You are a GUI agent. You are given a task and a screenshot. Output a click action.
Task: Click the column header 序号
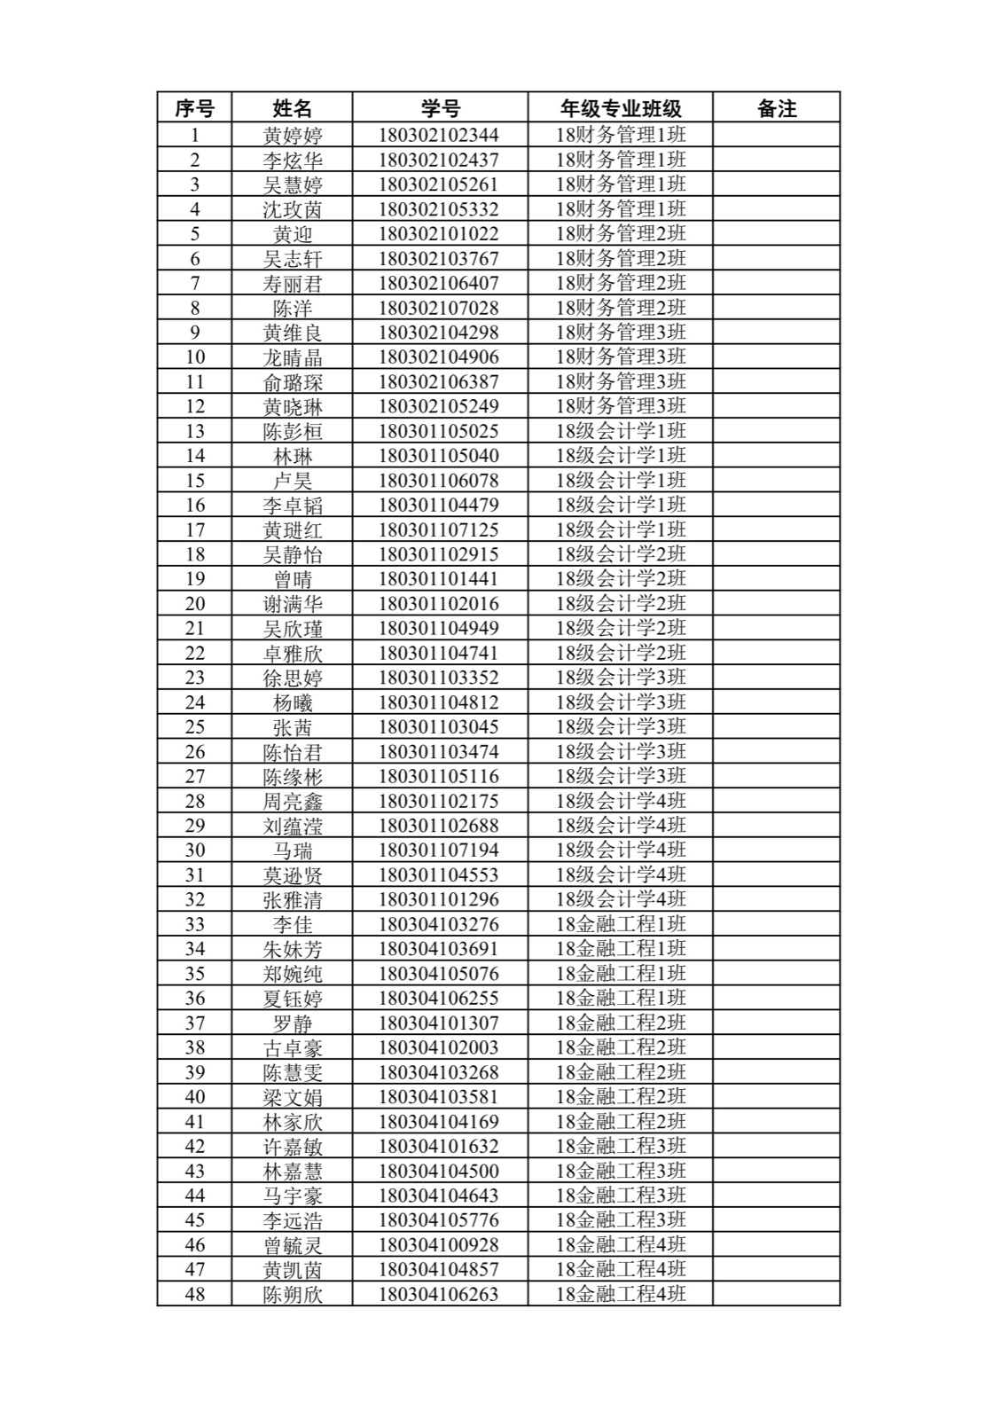pos(194,108)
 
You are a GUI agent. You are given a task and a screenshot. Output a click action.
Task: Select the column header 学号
pos(440,108)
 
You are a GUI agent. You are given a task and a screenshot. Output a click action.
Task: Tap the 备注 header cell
pos(776,108)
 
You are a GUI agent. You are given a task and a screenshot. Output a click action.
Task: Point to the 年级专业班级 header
pos(620,108)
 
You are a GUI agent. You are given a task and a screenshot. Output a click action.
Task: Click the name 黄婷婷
pos(292,136)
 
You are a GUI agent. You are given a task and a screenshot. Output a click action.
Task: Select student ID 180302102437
pos(438,160)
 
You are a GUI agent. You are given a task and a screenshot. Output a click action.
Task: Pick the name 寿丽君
pos(292,284)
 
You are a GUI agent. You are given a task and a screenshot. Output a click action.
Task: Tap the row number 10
pos(194,357)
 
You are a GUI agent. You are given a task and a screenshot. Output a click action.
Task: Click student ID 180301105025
pos(438,432)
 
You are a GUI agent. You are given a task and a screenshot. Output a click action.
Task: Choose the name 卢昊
pos(292,481)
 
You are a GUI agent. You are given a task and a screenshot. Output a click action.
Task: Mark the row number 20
pos(194,604)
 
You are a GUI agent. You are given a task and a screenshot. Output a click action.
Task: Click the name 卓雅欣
pos(292,654)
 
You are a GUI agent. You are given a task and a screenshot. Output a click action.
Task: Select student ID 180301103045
pos(438,727)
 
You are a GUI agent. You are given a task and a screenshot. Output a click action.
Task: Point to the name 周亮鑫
pos(292,802)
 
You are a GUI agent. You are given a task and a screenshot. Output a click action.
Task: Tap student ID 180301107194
pos(438,851)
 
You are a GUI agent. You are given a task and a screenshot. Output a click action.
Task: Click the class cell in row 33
pos(620,924)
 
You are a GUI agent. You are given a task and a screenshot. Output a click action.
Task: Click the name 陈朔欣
pos(292,1295)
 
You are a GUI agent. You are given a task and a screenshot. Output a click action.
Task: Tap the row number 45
pos(194,1220)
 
